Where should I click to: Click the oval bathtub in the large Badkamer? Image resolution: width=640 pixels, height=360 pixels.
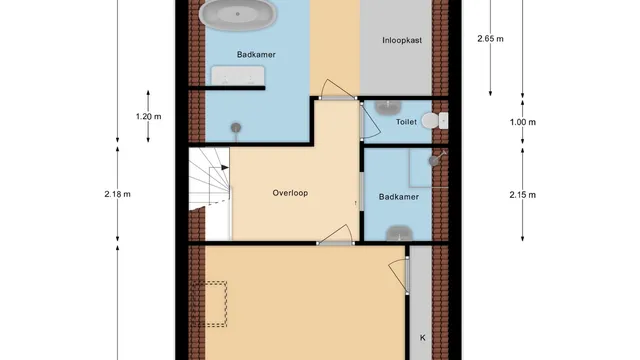coord(237,15)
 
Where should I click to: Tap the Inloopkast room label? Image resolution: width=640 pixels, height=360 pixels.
coord(402,40)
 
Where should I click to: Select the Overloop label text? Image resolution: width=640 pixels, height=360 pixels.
coord(290,193)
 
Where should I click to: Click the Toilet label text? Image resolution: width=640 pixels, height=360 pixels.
coord(406,122)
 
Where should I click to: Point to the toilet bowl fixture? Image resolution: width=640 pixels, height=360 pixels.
coord(434,121)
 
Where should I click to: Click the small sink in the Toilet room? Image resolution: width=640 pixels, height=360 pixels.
coord(388,107)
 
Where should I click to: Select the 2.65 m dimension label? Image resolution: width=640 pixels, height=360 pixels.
coord(490,39)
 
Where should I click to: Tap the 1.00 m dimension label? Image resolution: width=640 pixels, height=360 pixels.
coord(522,122)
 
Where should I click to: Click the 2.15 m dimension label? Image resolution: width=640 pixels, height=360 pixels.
coord(522,195)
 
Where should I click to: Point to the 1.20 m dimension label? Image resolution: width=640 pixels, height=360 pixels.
coord(149,117)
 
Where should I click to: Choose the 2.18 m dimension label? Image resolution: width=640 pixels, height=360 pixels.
coord(118,194)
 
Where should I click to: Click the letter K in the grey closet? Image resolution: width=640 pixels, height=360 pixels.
coord(422,338)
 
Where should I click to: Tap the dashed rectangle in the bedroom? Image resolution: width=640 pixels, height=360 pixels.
coord(209,304)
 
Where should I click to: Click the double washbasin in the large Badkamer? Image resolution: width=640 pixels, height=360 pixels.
coord(238,76)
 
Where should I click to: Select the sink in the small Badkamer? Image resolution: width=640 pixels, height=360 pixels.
coord(399,233)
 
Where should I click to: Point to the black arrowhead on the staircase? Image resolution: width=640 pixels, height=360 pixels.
coord(225,167)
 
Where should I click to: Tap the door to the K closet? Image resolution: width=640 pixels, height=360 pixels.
coord(398,276)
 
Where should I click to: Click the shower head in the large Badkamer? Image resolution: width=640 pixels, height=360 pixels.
coord(236,128)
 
